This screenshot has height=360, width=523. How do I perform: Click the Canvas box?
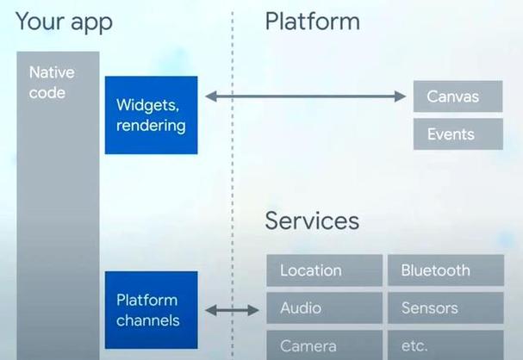pos(458,96)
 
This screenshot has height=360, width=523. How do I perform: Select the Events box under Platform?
pos(458,134)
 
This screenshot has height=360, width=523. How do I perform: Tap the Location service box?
pos(324,270)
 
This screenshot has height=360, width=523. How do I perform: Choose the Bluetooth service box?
pos(445,270)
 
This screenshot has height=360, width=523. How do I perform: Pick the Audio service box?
pos(324,307)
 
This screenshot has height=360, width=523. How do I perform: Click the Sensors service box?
pos(445,307)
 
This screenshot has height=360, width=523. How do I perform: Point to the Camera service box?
pos(324,345)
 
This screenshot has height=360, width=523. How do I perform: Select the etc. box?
pos(445,345)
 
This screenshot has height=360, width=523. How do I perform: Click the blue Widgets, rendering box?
pos(151,115)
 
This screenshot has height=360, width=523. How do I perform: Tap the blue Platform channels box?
pos(151,311)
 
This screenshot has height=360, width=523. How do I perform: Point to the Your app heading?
pos(64,22)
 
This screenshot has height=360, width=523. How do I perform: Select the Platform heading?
pos(312,22)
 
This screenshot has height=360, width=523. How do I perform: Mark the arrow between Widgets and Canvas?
pos(305,97)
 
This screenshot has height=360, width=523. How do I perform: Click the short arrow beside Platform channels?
pos(232,310)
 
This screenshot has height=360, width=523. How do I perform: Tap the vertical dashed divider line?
pos(232,172)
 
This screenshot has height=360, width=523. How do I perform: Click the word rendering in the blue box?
pos(151,126)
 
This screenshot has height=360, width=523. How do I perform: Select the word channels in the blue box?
pos(148,321)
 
